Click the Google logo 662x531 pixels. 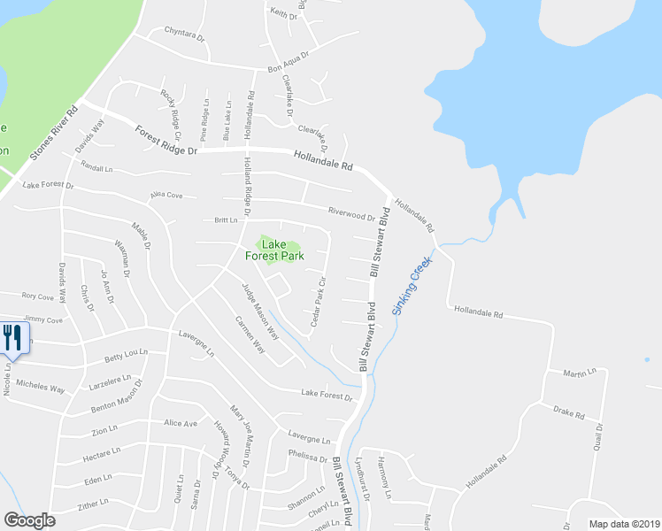click(x=29, y=520)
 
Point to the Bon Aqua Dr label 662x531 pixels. click(x=288, y=62)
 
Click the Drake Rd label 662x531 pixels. click(x=569, y=412)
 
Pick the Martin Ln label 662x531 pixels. click(x=580, y=373)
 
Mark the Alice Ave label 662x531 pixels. click(x=181, y=423)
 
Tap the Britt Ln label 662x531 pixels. click(x=227, y=221)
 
